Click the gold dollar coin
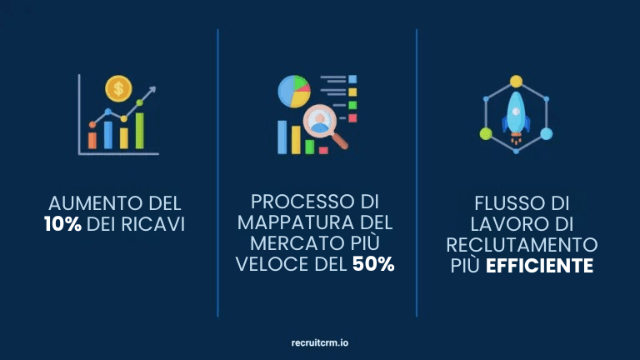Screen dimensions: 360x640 [x=118, y=87]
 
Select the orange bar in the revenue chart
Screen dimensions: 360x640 [x=93, y=137]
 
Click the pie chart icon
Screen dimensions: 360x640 [x=293, y=91]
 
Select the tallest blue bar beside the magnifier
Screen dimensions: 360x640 [x=282, y=137]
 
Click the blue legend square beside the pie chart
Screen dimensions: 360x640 [x=352, y=79]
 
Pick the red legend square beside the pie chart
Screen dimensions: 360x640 [x=352, y=118]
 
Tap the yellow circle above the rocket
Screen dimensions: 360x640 [x=516, y=82]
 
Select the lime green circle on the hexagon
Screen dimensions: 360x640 [x=485, y=133]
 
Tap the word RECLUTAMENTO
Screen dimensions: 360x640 [x=522, y=245]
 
